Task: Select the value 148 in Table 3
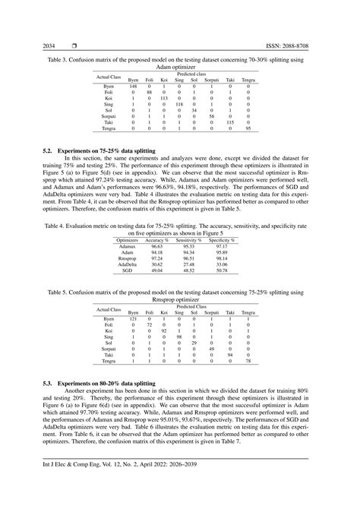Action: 133,86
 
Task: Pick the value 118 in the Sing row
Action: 179,104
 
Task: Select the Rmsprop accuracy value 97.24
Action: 157,258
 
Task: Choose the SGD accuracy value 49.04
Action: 157,270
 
